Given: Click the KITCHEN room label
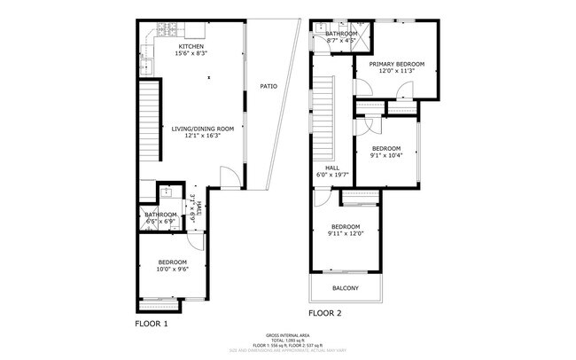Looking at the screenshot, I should click(x=191, y=46).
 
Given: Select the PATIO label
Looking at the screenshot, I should click(x=268, y=86).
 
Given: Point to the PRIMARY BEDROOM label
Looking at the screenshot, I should click(x=397, y=64).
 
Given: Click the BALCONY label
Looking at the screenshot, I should click(x=346, y=288).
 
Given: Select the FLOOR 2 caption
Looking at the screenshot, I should click(x=325, y=313).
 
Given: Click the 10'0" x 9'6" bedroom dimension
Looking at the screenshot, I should click(x=173, y=270).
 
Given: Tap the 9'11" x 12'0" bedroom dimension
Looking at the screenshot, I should click(x=346, y=233).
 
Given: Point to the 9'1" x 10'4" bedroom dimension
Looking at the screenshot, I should click(x=386, y=155).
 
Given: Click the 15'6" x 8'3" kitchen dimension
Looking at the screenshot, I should click(x=191, y=54).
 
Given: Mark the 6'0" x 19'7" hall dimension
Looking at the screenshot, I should click(x=332, y=175).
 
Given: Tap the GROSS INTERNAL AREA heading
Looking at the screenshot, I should click(x=288, y=334).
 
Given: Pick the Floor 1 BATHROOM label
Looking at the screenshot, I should click(x=161, y=214).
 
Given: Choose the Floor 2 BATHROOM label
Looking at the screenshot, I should click(x=341, y=34).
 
